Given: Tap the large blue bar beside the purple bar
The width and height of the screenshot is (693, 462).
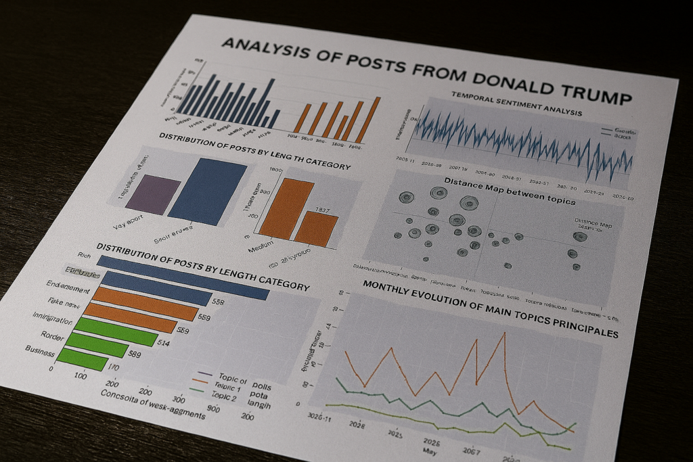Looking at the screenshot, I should (x=206, y=191).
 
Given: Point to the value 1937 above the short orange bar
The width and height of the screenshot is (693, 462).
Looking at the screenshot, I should (x=322, y=210).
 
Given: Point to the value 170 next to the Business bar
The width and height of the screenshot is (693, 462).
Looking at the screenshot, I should (x=114, y=368).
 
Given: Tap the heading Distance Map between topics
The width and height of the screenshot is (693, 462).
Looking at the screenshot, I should (x=509, y=191).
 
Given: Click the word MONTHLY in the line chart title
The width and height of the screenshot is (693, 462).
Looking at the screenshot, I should (x=393, y=290).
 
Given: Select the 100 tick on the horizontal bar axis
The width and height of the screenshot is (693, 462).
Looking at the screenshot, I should (x=80, y=375).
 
